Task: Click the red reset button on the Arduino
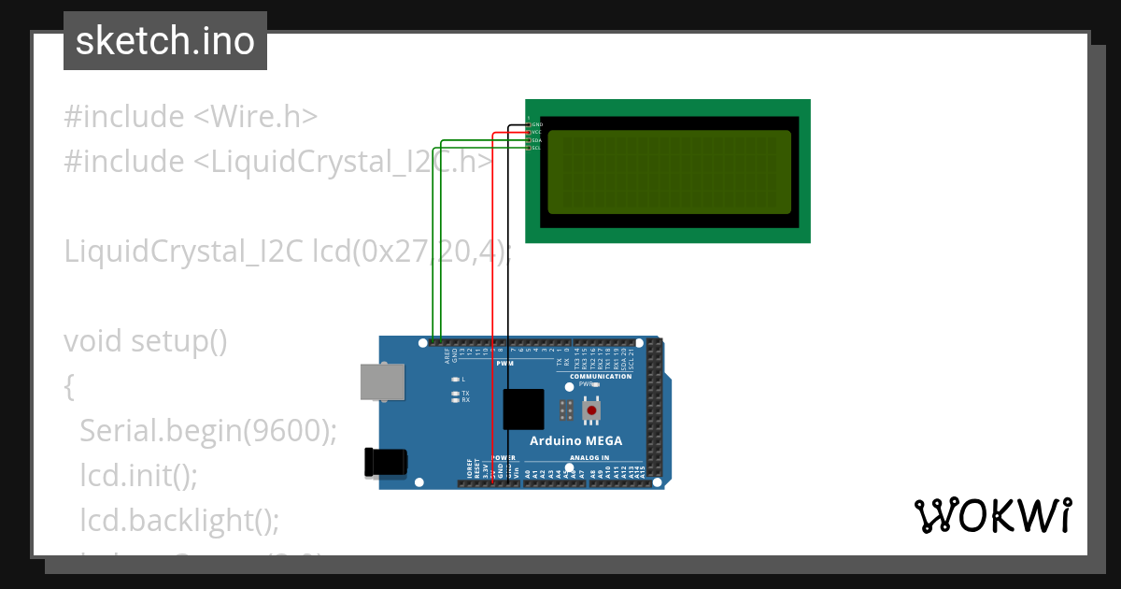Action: [590, 410]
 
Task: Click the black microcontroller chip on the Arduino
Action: [523, 409]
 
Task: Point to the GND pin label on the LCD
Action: [537, 124]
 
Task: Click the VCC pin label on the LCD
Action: [536, 132]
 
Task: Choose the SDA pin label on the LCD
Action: [536, 140]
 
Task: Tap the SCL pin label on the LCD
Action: [536, 148]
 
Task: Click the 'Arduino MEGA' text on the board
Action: [575, 440]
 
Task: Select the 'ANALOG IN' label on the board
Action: [589, 458]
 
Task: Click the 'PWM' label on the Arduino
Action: [505, 363]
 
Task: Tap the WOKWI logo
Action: [992, 515]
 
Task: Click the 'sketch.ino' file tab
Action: [165, 41]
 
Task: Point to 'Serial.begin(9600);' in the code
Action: [207, 430]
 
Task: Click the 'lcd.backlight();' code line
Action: [179, 520]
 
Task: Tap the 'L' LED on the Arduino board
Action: [456, 379]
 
